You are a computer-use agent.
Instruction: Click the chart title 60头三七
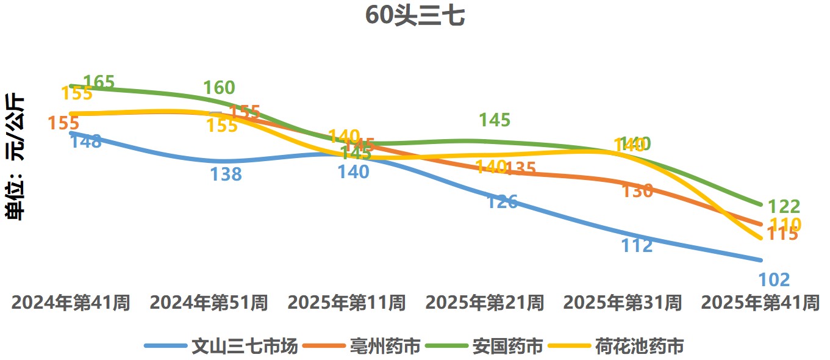click(x=415, y=16)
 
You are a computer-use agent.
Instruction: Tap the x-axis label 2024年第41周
click(x=71, y=303)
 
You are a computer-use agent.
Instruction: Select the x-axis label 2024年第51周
click(x=209, y=303)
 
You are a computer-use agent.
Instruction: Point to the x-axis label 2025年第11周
click(x=346, y=303)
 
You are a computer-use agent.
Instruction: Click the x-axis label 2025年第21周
click(x=484, y=303)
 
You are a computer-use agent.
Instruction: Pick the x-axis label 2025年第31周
click(x=622, y=303)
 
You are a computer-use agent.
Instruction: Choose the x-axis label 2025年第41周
click(x=760, y=303)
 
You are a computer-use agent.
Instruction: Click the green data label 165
click(x=99, y=82)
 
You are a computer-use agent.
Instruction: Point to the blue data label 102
click(x=774, y=280)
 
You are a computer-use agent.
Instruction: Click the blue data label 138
click(x=226, y=175)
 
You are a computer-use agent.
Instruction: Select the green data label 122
click(x=784, y=206)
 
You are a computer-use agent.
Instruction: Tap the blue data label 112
click(x=637, y=245)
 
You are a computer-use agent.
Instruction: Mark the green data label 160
click(x=219, y=88)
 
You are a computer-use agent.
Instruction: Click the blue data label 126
click(x=502, y=201)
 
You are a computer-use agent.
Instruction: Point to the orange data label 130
click(x=637, y=191)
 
